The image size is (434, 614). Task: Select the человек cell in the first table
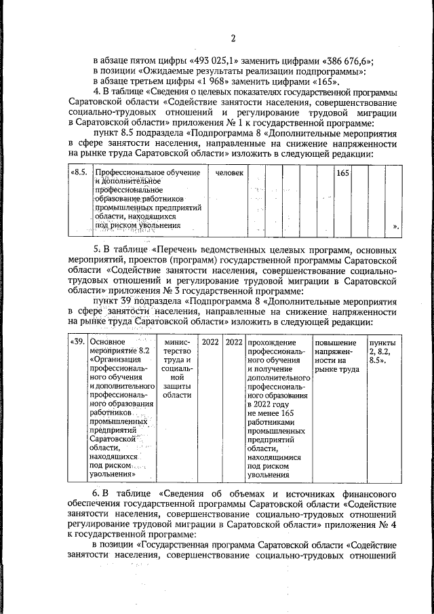pos(229,174)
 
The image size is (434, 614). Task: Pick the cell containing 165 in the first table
pos(342,174)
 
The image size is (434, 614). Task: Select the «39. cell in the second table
pos(78,341)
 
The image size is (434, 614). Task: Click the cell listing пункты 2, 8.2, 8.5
pos(382,351)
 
